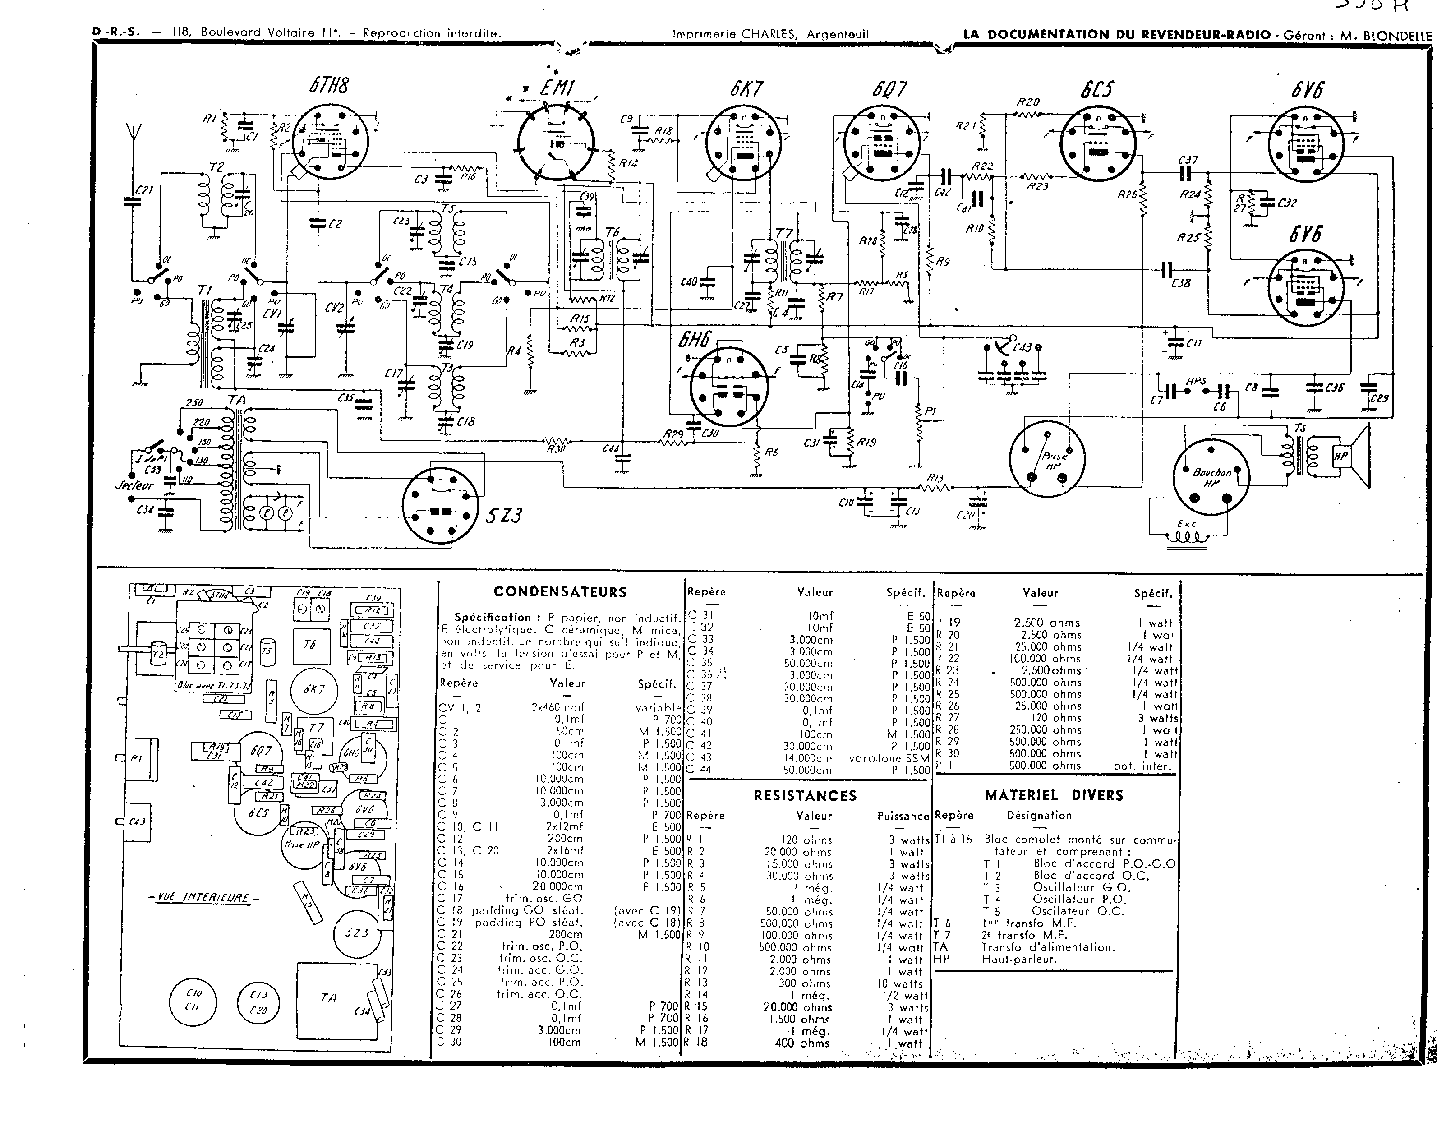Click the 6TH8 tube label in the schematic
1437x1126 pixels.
[328, 86]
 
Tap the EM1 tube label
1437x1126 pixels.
[557, 88]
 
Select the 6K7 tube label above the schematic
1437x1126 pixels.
[746, 89]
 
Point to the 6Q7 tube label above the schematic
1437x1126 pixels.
[889, 89]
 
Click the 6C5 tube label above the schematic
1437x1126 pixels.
[1097, 89]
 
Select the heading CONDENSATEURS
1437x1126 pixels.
[560, 592]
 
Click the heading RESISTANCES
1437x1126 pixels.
[805, 796]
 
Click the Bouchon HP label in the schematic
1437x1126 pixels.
[1211, 477]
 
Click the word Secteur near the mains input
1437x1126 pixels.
[134, 485]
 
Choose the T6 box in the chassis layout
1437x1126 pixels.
[310, 645]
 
